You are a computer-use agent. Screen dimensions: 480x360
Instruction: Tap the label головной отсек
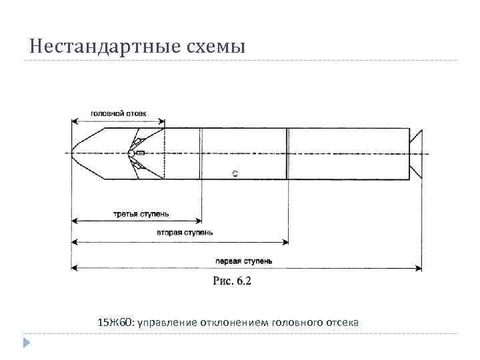coord(119,113)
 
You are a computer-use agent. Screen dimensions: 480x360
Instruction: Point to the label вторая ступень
coord(185,233)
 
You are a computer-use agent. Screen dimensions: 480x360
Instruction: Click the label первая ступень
coord(247,261)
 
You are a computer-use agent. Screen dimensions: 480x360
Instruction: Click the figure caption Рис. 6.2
coord(232,281)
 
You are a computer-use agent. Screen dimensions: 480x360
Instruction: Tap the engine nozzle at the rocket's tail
coord(415,153)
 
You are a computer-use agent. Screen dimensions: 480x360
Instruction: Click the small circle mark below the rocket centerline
coord(235,173)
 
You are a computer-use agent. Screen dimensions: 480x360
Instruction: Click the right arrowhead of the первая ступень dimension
coord(418,268)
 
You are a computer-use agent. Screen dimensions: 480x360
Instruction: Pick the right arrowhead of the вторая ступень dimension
coord(285,241)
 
